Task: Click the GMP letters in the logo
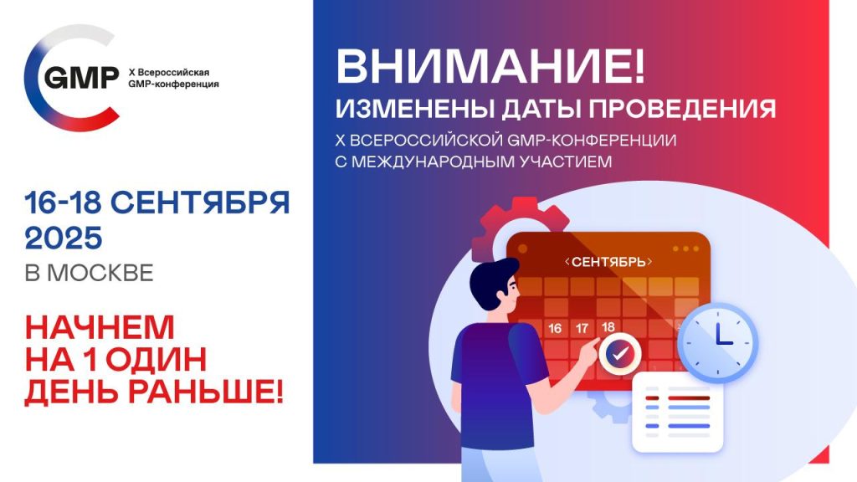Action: [x=81, y=78]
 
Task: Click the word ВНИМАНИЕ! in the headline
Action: [x=490, y=65]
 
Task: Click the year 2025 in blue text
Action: [x=64, y=238]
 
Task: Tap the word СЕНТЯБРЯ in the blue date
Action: [x=200, y=203]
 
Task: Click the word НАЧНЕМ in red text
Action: [x=100, y=327]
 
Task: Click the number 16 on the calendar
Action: [x=555, y=328]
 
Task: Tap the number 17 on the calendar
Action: [x=582, y=328]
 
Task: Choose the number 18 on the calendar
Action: [x=608, y=327]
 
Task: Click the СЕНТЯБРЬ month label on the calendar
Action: [x=608, y=262]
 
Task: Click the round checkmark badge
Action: [x=619, y=354]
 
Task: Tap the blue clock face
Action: [x=717, y=342]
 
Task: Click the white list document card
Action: [x=678, y=413]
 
